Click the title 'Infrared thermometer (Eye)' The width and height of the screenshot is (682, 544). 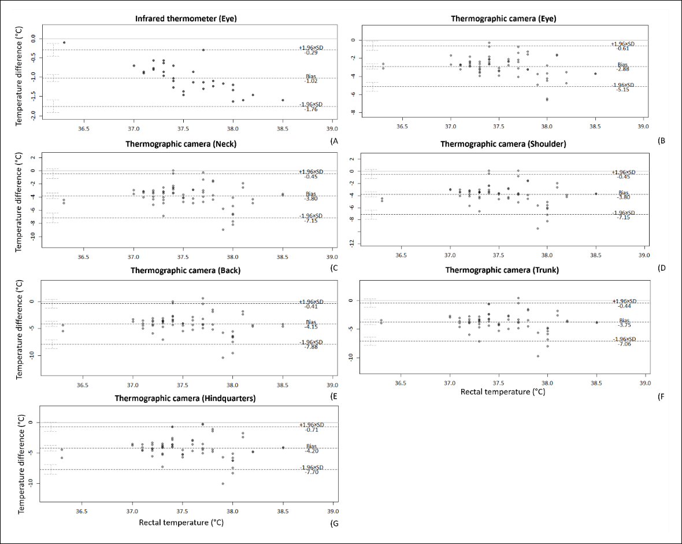(186, 19)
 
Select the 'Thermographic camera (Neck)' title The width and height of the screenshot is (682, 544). (181, 144)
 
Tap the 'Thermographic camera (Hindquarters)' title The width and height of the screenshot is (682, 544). (186, 399)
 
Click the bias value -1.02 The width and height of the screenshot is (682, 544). (311, 81)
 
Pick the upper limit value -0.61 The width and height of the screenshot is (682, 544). (623, 49)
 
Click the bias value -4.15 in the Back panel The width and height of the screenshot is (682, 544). (311, 326)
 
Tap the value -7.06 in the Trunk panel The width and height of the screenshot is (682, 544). (624, 344)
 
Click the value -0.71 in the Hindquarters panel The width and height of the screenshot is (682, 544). (312, 430)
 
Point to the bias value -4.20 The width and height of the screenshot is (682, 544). (312, 451)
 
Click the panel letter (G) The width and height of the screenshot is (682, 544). (334, 524)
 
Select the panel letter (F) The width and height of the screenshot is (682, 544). (662, 396)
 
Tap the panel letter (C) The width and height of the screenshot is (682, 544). (334, 268)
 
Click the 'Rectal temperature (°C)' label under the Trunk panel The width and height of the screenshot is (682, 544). (503, 392)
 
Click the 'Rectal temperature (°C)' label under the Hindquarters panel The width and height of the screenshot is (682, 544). (181, 522)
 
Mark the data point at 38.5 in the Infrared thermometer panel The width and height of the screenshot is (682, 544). (283, 100)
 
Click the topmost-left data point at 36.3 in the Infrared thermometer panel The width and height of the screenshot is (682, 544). (64, 43)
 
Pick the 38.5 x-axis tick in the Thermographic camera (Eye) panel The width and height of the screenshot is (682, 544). (595, 127)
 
